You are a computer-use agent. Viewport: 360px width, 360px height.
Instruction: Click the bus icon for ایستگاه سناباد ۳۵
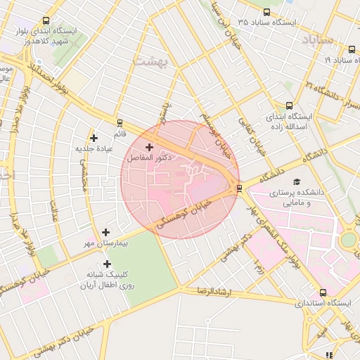[266, 12]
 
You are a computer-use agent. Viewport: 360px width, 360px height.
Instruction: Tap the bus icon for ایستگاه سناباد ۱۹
[351, 49]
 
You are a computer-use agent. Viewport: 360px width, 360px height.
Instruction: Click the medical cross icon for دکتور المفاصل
[149, 147]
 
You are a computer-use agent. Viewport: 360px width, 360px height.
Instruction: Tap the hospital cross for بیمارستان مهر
[105, 231]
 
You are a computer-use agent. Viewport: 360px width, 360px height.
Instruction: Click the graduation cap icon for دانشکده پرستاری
[295, 181]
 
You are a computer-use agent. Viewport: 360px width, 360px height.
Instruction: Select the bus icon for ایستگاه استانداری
[322, 292]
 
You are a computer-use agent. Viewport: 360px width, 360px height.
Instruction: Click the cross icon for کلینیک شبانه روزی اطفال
[107, 264]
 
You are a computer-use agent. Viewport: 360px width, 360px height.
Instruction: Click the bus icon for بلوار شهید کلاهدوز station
[46, 21]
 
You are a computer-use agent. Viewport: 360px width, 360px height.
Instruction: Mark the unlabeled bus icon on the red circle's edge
[240, 188]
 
